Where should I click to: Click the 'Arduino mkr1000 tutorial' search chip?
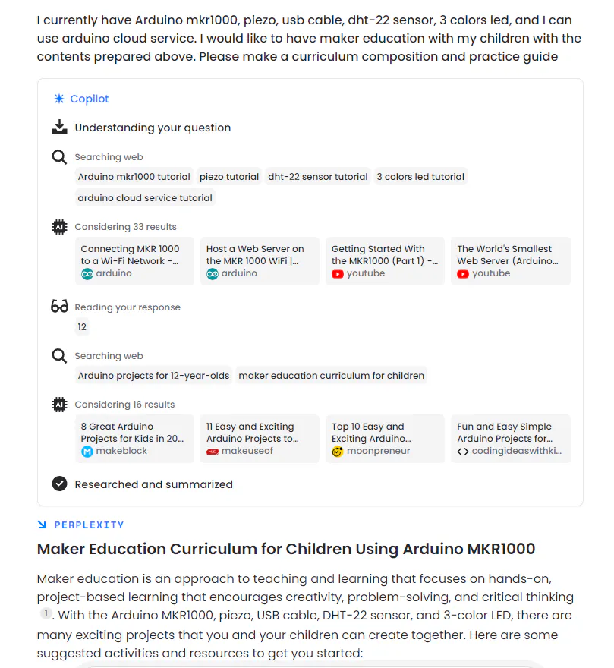pyautogui.click(x=134, y=177)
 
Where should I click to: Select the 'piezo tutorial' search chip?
pyautogui.click(x=229, y=177)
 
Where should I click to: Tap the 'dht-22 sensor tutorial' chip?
pyautogui.click(x=318, y=177)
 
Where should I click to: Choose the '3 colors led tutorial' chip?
pyautogui.click(x=420, y=177)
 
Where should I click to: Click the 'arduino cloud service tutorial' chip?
pyautogui.click(x=145, y=198)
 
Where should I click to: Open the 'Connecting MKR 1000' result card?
pyautogui.click(x=134, y=261)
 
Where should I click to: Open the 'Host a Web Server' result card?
pyautogui.click(x=260, y=261)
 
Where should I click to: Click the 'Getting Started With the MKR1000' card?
pyautogui.click(x=385, y=261)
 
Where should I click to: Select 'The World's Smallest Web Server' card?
pyautogui.click(x=510, y=261)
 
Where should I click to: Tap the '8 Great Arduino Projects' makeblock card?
pyautogui.click(x=134, y=439)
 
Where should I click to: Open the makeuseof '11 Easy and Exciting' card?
pyautogui.click(x=260, y=439)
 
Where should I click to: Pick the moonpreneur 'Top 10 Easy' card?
pyautogui.click(x=385, y=439)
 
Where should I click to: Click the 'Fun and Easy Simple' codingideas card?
pyautogui.click(x=510, y=439)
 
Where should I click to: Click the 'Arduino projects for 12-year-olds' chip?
pyautogui.click(x=153, y=376)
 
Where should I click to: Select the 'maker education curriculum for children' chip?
pyautogui.click(x=331, y=376)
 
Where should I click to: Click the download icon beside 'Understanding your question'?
pyautogui.click(x=59, y=128)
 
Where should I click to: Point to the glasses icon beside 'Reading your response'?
pyautogui.click(x=59, y=307)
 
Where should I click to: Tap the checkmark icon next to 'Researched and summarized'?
pyautogui.click(x=59, y=484)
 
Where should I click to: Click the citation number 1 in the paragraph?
pyautogui.click(x=46, y=613)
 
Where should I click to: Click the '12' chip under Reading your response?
pyautogui.click(x=82, y=327)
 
